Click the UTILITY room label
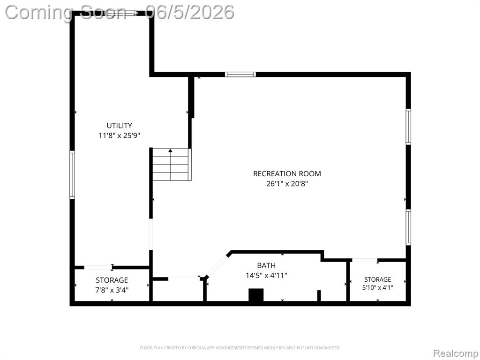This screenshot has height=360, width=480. (x=119, y=126)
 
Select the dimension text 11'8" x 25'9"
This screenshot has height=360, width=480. (x=119, y=135)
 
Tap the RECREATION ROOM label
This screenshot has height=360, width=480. (x=287, y=173)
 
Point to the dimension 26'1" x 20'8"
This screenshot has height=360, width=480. (x=287, y=184)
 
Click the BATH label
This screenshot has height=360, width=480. (x=266, y=265)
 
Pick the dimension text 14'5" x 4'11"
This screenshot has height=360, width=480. (x=266, y=276)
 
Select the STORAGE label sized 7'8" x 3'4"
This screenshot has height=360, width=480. (x=112, y=280)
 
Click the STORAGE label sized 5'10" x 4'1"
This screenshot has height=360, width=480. (x=377, y=279)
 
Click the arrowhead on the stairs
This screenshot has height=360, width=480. (x=171, y=150)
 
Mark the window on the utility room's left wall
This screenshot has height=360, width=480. (x=72, y=175)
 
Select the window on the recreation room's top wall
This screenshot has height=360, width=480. (x=240, y=75)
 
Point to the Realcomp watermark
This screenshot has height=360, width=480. (x=456, y=353)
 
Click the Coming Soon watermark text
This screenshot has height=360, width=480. (x=66, y=13)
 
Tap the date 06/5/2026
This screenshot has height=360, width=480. (x=190, y=13)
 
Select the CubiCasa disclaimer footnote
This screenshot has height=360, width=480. (x=240, y=348)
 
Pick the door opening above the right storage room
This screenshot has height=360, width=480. (x=364, y=260)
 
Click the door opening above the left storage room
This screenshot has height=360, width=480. (x=98, y=267)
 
